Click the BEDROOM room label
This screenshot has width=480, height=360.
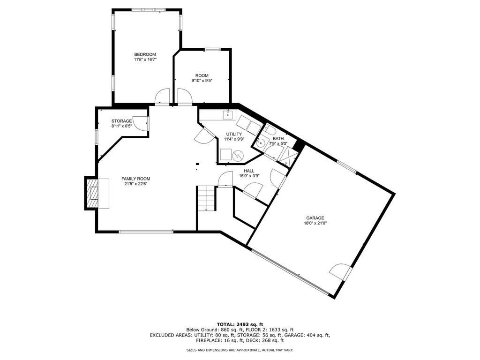(145, 54)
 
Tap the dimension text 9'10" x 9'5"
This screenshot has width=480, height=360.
(202, 81)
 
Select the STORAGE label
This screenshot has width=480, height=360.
(121, 121)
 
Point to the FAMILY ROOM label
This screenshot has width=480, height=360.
(136, 179)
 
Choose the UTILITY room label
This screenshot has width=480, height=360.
(234, 134)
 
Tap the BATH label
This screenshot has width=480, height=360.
(278, 139)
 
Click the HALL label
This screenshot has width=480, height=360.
(249, 171)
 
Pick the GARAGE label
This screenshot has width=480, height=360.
(315, 218)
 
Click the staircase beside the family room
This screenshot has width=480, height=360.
(207, 198)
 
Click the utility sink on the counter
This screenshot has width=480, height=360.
(228, 115)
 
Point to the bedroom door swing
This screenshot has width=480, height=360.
(162, 97)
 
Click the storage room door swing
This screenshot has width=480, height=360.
(142, 124)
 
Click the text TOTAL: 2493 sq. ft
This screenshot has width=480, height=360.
(240, 324)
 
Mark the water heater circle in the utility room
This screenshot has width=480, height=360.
(237, 156)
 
